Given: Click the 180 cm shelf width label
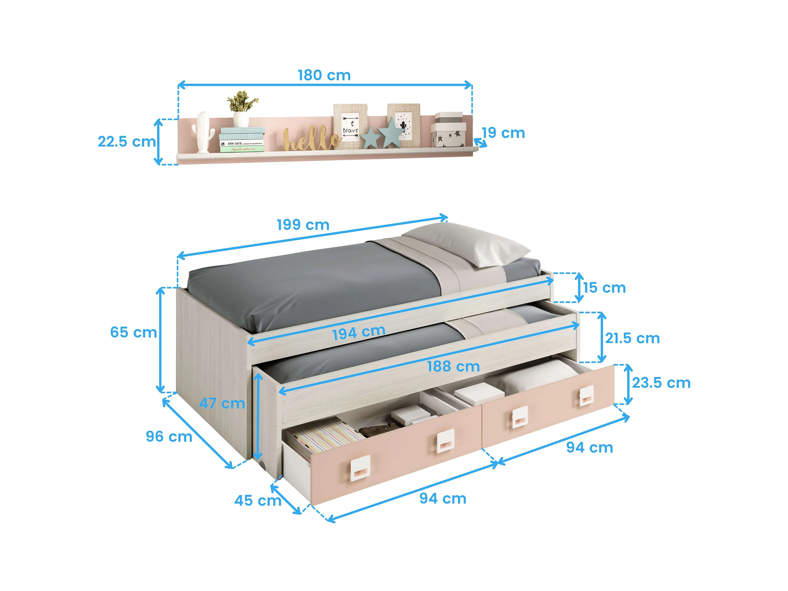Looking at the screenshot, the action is pyautogui.click(x=324, y=75).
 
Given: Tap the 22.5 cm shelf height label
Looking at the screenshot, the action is pyautogui.click(x=126, y=142).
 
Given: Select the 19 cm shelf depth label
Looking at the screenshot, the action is pyautogui.click(x=503, y=133).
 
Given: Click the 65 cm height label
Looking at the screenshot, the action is pyautogui.click(x=133, y=332).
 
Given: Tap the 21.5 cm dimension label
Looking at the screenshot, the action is pyautogui.click(x=632, y=338).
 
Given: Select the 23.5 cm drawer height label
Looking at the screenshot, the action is pyautogui.click(x=661, y=383).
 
